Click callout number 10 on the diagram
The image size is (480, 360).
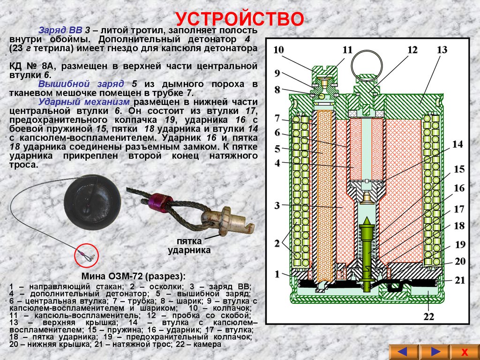[278, 50]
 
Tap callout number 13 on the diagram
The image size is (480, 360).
[442, 50]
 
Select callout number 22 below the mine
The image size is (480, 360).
[429, 317]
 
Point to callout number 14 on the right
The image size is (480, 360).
[457, 144]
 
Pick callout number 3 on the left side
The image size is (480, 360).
[277, 205]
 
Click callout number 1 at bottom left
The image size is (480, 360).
[277, 273]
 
